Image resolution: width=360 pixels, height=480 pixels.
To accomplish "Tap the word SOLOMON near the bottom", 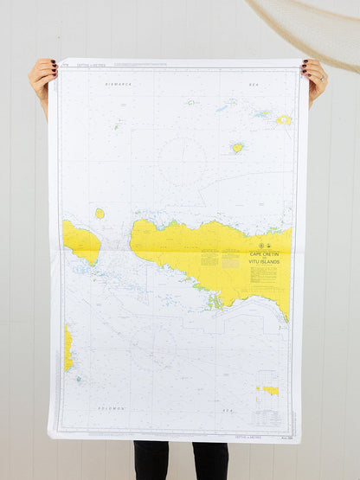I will point(112,408).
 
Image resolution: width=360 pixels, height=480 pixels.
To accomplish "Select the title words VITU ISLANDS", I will point(263,260).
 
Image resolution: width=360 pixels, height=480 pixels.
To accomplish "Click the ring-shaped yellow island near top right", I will point(283,120).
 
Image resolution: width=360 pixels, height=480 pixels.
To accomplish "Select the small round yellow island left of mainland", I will point(100,213).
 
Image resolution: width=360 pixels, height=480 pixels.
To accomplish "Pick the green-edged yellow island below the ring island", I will point(236,148).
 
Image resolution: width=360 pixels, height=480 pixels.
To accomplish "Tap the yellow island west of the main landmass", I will point(81,242).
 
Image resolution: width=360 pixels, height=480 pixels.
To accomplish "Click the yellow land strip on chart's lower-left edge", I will point(67,348).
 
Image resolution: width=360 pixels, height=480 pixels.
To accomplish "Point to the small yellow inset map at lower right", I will point(268,391).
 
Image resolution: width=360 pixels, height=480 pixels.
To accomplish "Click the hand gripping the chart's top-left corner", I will point(42,75).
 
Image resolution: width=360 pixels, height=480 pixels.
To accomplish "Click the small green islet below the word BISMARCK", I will point(116,126).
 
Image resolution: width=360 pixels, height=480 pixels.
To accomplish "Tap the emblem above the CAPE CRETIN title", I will point(263,245).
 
